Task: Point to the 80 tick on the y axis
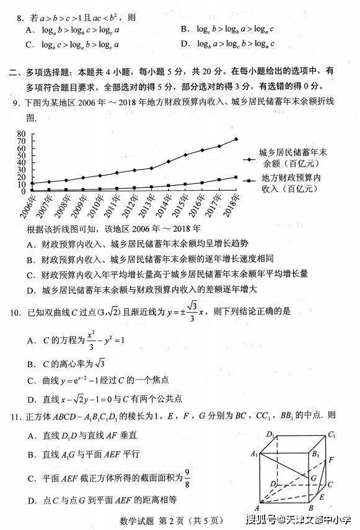click(22, 134)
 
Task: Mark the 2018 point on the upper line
click(236, 139)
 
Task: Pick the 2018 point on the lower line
click(236, 178)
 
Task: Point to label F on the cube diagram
click(332, 460)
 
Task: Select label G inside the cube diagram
click(314, 479)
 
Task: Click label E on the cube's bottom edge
click(321, 497)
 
